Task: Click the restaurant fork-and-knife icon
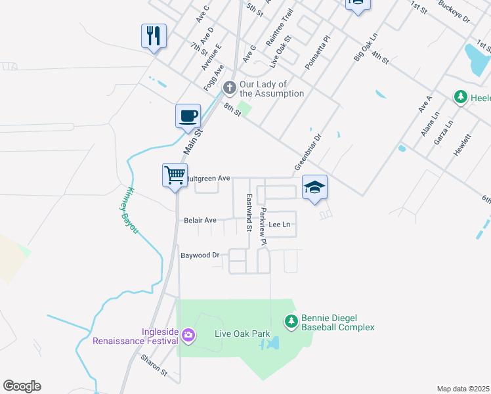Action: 154,35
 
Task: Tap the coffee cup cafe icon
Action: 188,116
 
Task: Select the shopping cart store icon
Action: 175,175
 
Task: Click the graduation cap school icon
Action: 314,187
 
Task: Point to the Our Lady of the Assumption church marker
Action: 229,87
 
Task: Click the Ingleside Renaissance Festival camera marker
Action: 188,336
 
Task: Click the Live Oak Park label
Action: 242,334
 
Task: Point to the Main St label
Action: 193,141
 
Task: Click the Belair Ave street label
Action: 200,221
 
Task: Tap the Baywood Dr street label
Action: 200,255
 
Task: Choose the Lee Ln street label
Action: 280,225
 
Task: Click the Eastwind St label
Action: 249,213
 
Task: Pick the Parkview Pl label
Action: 263,227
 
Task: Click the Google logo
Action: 22,386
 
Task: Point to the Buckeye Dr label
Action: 455,14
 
